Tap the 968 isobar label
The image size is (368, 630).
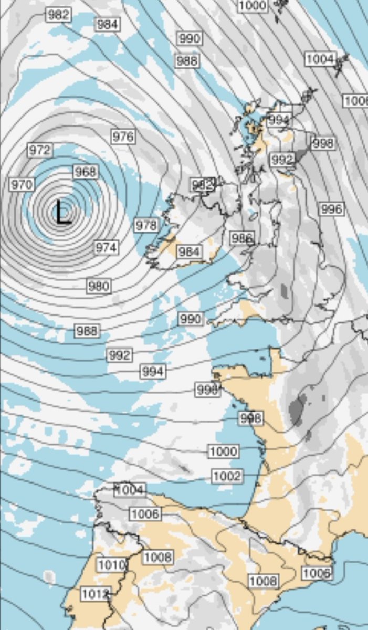pos(85,172)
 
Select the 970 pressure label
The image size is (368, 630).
pos(22,184)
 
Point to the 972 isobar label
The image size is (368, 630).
pos(40,150)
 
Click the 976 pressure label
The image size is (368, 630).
pos(123,136)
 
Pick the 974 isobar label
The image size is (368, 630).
pos(106,247)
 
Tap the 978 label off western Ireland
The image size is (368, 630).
pos(146,225)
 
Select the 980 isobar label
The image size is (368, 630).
pos(99,286)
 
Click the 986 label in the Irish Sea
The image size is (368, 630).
pos(242,238)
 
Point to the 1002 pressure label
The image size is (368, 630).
pos(227,476)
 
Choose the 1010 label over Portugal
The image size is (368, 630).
pos(112,565)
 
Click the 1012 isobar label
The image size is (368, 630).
pos(95,594)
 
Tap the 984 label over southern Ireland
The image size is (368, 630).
pos(189,252)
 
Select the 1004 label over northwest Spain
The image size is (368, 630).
pos(130,490)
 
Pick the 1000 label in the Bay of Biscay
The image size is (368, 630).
pos(224,451)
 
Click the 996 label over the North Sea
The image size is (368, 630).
pos(331,209)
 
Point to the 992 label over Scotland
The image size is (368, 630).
pos(282,159)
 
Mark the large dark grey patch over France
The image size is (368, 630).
pos(297,409)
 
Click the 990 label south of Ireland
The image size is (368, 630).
pos(190,319)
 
